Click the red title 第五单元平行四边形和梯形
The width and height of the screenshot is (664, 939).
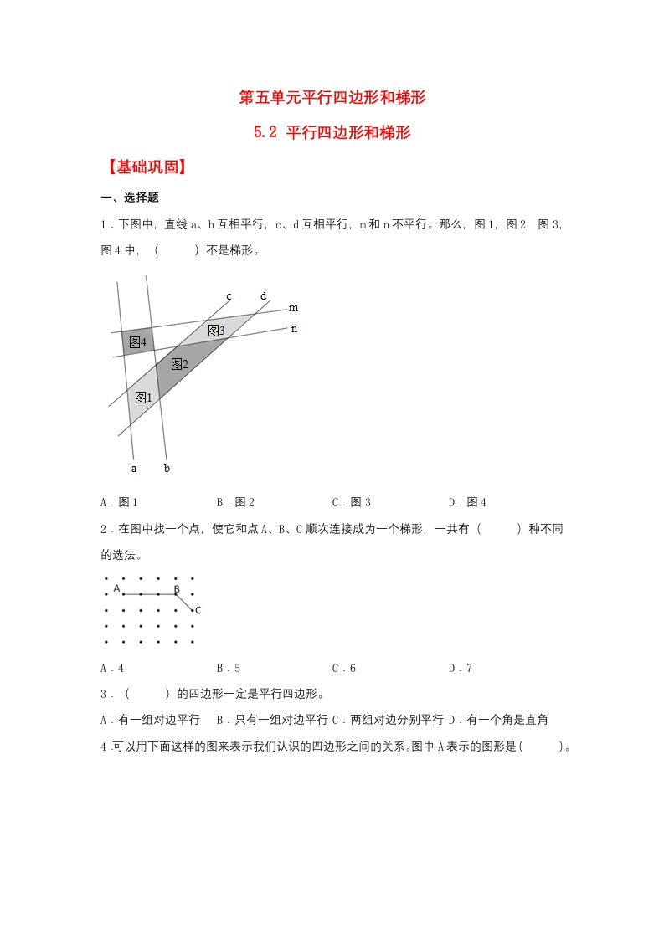click(332, 98)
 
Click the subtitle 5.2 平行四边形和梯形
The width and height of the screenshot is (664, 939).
click(332, 132)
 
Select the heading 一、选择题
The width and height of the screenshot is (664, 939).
click(130, 198)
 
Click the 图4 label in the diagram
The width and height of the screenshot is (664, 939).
click(136, 342)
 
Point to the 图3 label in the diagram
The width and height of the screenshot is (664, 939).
click(216, 331)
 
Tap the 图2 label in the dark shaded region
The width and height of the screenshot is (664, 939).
click(179, 363)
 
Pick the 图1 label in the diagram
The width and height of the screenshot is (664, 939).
click(143, 398)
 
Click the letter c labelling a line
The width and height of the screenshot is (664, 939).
click(229, 295)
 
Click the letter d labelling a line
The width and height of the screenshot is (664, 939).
click(263, 295)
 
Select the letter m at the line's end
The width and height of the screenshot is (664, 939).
click(293, 308)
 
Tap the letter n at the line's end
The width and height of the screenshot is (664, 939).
click(294, 328)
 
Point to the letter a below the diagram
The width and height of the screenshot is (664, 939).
click(134, 468)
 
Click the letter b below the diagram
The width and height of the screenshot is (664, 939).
click(167, 468)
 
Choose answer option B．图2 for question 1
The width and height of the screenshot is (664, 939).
click(235, 502)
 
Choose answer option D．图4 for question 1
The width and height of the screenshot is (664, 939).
click(467, 502)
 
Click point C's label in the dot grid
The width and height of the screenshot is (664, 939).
click(198, 610)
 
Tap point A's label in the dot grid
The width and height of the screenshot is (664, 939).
click(117, 588)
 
